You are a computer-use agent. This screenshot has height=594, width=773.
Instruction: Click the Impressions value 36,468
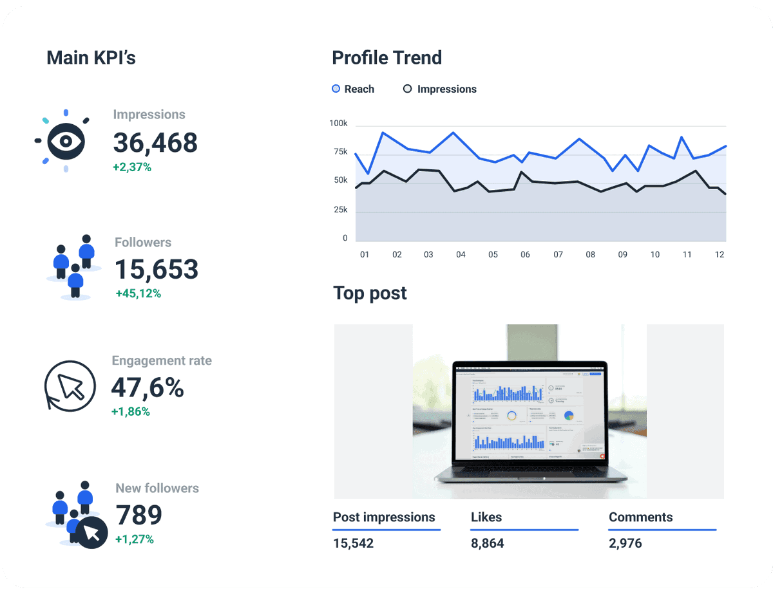coord(155,142)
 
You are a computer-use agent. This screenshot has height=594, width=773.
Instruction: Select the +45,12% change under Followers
coord(138,293)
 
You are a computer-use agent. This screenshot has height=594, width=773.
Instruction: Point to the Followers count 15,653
coord(157,269)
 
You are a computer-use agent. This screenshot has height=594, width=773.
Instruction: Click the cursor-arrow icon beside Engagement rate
coord(70,385)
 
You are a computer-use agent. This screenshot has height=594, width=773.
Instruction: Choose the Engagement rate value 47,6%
coord(147,387)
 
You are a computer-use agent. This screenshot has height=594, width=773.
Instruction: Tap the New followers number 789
coord(138,515)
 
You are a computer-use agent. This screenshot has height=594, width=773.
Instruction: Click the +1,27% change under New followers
coord(134,539)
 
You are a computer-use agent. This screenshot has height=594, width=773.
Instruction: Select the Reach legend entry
coord(353,89)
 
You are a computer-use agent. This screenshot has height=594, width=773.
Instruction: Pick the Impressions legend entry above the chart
coord(440,89)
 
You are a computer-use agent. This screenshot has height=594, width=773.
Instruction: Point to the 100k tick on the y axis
coord(338,123)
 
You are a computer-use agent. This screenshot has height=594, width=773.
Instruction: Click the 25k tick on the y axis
coord(339,210)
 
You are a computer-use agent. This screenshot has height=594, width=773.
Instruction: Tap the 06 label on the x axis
coord(525,254)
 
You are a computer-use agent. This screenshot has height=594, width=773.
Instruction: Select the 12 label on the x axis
coord(720,254)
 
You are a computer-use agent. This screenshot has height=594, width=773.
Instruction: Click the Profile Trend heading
coord(386,57)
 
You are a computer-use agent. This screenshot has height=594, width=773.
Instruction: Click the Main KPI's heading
coord(91,57)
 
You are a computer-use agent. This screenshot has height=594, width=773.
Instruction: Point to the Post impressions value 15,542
coord(353,543)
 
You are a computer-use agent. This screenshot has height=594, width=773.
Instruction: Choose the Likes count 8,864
coord(487,543)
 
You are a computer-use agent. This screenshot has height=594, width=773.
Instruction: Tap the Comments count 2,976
coord(625,543)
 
